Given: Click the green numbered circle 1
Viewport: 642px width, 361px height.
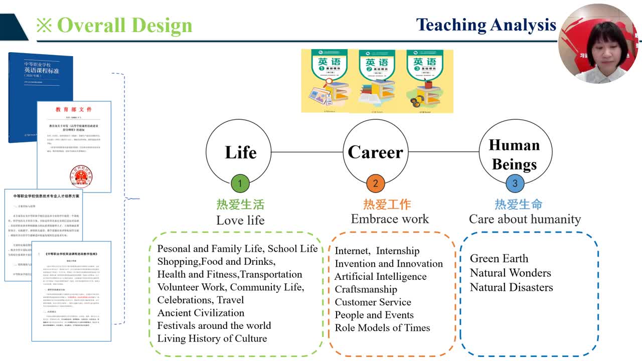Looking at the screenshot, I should (240, 184).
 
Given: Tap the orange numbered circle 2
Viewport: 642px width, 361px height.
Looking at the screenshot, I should (375, 184).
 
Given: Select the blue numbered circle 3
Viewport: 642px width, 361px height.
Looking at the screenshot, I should (514, 184).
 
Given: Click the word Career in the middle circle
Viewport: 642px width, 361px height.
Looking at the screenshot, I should (375, 152).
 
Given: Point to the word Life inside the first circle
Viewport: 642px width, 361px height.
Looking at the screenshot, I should (241, 152).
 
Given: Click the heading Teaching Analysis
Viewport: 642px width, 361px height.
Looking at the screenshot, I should (486, 25).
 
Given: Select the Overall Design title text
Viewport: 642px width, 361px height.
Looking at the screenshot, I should (124, 25).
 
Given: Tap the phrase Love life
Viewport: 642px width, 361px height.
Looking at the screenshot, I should (240, 220).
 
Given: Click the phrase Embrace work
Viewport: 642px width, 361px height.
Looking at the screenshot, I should (390, 219).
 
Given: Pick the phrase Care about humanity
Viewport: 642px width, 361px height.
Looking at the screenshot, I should (525, 219).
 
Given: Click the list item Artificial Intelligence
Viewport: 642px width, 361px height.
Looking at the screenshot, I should (381, 277).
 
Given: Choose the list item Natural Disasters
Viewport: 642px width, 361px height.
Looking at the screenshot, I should (511, 287).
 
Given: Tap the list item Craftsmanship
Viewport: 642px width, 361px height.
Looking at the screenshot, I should (366, 289).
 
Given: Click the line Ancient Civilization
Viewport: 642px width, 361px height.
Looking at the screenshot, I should (201, 313).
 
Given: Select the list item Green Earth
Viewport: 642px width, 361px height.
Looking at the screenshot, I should (499, 259).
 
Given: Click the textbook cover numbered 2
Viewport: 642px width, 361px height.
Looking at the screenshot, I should (377, 80).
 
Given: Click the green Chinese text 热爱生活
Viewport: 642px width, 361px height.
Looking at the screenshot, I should (240, 205).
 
